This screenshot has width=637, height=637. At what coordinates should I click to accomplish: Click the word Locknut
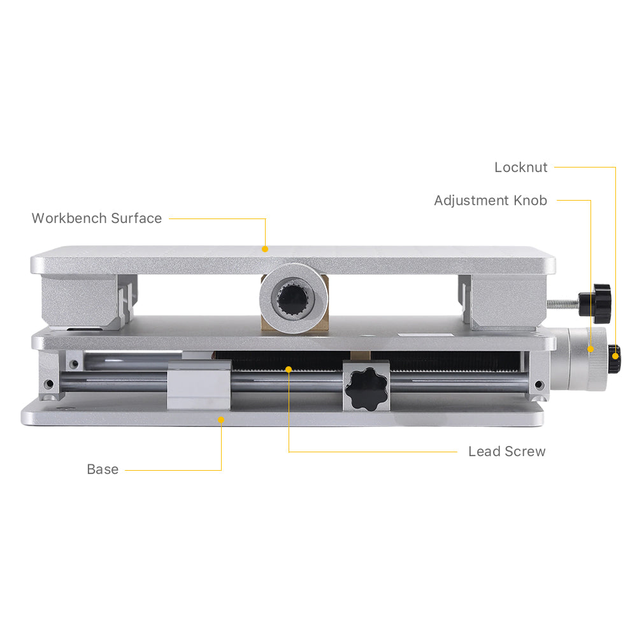[x=520, y=168]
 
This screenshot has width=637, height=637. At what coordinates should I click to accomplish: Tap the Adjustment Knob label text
[x=490, y=201]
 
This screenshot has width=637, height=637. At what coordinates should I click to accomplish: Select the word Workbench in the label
[x=69, y=218]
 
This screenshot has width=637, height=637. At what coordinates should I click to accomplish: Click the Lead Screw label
[x=506, y=452]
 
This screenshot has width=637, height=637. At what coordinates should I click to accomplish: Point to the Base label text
[x=103, y=469]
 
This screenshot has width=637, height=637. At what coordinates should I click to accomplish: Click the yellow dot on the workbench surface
[x=265, y=249]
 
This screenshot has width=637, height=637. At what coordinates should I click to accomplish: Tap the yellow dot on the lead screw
[x=289, y=369]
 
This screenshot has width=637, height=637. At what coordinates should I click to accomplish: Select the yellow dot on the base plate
[x=221, y=419]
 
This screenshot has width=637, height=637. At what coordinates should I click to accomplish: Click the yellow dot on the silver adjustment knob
[x=590, y=349]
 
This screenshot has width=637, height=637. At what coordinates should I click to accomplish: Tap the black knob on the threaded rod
[x=597, y=298]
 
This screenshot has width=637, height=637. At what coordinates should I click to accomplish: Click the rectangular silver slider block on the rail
[x=199, y=385]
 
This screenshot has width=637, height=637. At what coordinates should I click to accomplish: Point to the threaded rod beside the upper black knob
[x=563, y=303]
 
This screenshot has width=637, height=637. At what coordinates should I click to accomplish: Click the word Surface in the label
[x=136, y=218]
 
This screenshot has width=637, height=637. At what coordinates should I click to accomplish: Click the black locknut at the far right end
[x=613, y=358]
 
